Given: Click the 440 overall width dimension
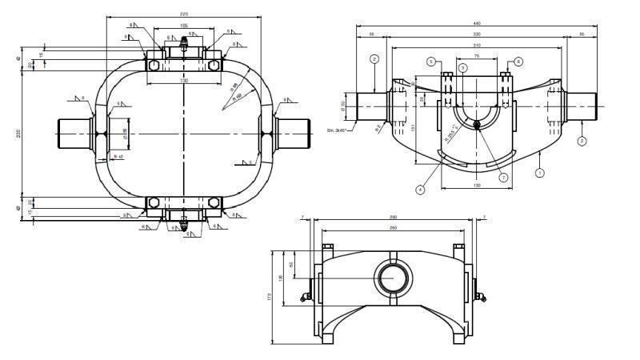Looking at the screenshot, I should point(478,23).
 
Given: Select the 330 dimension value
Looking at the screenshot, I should point(477,34).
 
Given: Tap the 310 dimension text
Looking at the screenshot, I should point(477,46).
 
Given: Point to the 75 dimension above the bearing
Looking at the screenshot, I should point(477,57).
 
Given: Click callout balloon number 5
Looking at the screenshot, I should point(431,61).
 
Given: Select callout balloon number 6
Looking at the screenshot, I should point(518,61).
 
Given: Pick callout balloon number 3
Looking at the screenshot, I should point(462,70).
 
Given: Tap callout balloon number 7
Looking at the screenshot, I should point(504,177).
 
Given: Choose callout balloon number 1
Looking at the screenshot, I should point(540,172).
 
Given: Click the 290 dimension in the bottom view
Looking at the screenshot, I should point(392,218).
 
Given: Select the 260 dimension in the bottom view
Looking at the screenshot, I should point(392,228).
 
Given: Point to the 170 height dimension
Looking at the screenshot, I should point(271,297).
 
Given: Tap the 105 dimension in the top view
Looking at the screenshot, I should point(184,26).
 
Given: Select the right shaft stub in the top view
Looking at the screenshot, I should point(292,132).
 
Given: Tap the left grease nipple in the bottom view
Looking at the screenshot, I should point(305,298).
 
